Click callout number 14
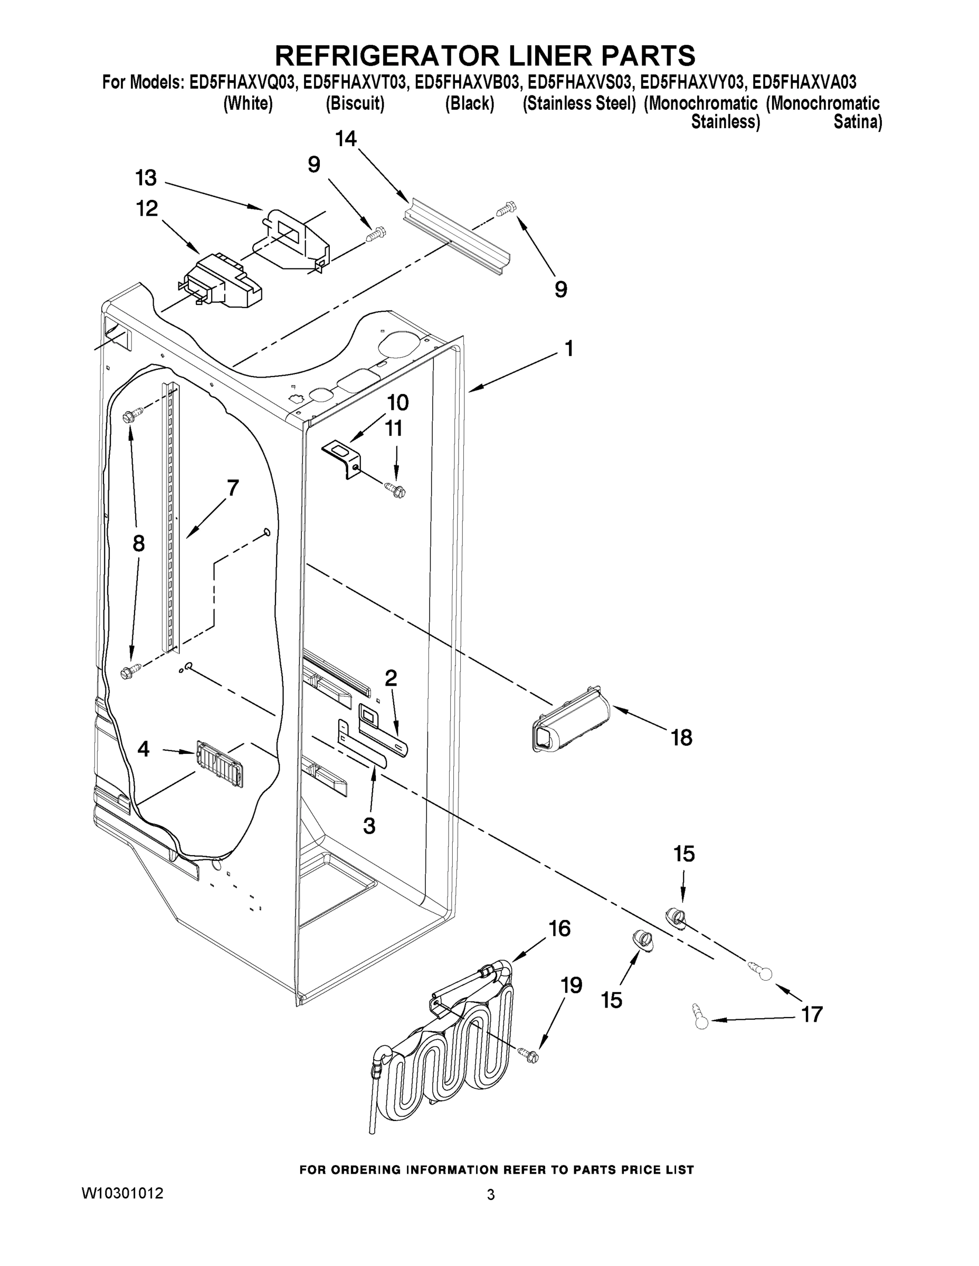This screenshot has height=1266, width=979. (346, 139)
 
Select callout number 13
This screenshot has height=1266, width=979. (146, 178)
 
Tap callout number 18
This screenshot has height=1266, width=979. (681, 738)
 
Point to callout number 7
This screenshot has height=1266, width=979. (233, 488)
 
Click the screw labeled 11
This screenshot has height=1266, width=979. (396, 491)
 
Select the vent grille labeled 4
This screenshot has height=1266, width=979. (220, 762)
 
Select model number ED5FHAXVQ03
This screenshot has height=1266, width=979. (243, 83)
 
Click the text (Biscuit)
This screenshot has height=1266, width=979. (355, 104)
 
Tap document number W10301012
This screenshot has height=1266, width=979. (122, 1194)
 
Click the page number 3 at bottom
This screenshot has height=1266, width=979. (491, 1194)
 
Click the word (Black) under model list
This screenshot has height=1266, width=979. (469, 104)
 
